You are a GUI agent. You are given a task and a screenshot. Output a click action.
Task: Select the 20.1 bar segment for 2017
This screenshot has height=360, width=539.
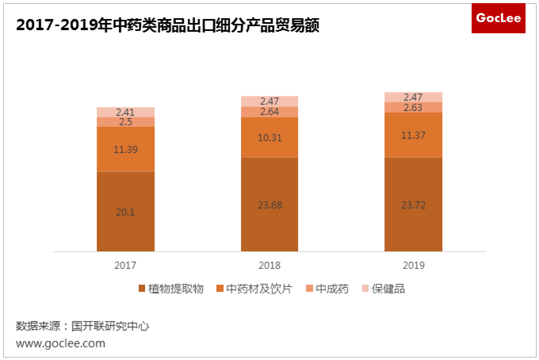pos(125,211)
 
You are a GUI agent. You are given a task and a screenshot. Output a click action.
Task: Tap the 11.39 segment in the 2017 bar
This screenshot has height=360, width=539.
pos(125,149)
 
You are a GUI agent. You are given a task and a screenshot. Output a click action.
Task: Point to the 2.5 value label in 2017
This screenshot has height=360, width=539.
pos(125,122)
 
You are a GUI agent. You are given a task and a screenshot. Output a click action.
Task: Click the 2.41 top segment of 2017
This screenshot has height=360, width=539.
pos(125,112)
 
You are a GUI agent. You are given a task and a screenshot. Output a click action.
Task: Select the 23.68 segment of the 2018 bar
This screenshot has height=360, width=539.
pos(269,204)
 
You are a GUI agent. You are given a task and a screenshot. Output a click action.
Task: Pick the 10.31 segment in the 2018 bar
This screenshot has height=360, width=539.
pos(269,137)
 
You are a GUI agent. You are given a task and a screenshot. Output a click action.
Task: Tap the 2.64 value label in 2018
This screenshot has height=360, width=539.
pos(269,112)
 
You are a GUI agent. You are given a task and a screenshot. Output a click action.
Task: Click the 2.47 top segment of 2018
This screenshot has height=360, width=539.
pos(269,101)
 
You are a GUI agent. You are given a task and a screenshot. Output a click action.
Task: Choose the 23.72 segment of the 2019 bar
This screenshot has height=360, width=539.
pos(413,204)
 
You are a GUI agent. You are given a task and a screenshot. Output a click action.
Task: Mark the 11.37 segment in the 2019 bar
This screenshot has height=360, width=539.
pos(413,135)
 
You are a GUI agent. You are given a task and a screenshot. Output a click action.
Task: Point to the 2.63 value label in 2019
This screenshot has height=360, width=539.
pos(413,107)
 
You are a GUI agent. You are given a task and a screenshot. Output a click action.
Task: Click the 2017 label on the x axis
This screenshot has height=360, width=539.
pos(125,265)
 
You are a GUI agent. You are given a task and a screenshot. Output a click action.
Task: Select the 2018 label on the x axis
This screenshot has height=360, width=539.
pos(269,265)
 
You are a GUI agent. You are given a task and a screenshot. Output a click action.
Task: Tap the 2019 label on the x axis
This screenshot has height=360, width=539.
pos(413,265)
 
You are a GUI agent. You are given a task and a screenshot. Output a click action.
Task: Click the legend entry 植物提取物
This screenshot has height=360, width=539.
pos(171,289)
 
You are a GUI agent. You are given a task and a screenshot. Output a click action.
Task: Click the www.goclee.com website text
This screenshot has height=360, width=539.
pos(60,343)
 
